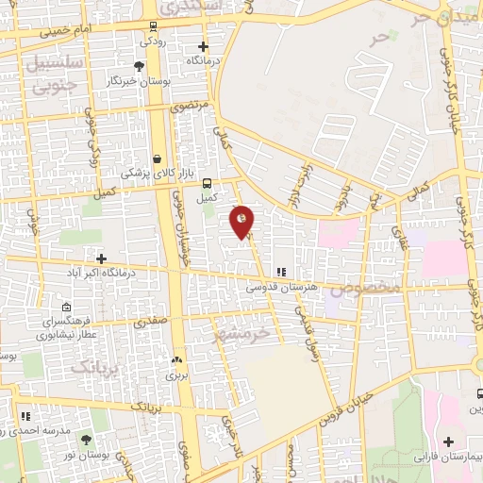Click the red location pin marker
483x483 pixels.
[242, 221]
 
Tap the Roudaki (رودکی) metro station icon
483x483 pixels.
[153, 25]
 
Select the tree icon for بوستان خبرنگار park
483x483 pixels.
[140, 66]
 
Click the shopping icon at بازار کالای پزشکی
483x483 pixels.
[157, 158]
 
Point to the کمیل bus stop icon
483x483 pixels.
[206, 184]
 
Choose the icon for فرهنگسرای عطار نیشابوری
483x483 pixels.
[66, 308]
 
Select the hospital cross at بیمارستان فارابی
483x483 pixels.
[447, 441]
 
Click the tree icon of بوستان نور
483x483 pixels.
[86, 440]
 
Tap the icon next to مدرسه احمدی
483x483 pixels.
[26, 415]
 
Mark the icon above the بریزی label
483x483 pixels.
[176, 360]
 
